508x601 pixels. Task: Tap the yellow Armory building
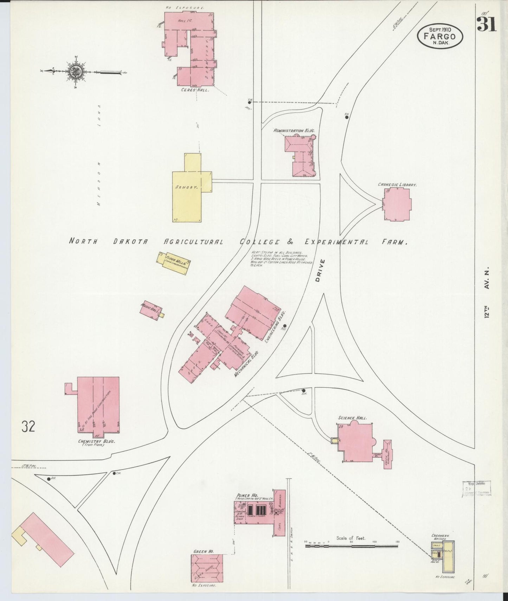point(187,197)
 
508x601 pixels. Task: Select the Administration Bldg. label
point(294,130)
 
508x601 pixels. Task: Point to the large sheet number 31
point(487,24)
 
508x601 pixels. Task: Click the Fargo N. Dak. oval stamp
point(440,36)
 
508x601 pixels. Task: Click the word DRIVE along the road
point(319,271)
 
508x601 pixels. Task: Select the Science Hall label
point(352,418)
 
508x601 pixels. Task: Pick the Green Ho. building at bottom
point(207,568)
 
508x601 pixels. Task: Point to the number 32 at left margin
point(28,426)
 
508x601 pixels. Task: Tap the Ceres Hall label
point(195,90)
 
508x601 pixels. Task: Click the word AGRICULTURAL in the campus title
point(194,242)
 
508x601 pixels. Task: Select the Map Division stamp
point(476,489)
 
